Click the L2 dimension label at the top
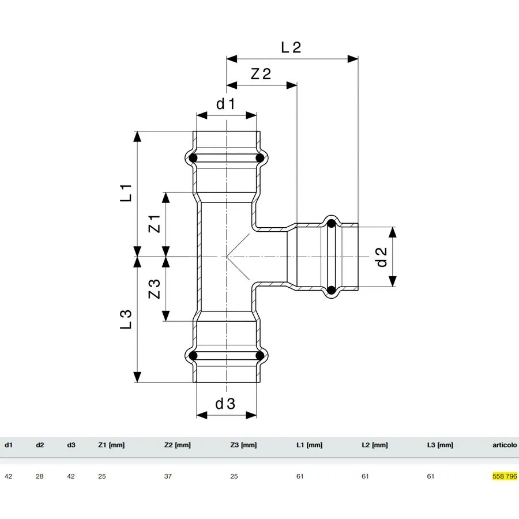pos(291,47)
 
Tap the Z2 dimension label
pos(261,74)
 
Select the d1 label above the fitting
pos(225,104)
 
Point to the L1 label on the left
pos(126,193)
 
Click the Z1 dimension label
pos(155,224)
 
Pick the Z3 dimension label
pos(155,289)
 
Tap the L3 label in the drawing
pos(126,319)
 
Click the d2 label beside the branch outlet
pos(382,257)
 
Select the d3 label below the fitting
pos(225,404)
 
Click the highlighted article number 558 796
pos(505,476)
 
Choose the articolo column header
pos(505,445)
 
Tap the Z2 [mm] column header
pos(178,445)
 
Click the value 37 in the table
pos(168,476)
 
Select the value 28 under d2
pos(40,476)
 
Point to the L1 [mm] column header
pos(310,445)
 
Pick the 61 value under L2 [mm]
pos(365,476)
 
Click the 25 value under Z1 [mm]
pos(102,476)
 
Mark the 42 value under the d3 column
pos(71,476)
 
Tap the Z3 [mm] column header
pos(243,445)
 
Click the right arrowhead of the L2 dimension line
pos(353,59)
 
